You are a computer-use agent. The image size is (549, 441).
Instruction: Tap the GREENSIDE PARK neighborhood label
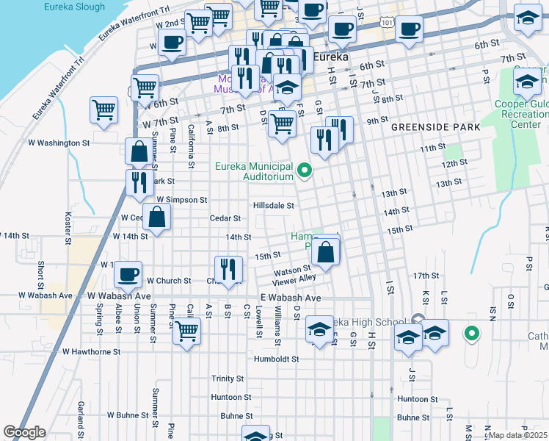point(435,127)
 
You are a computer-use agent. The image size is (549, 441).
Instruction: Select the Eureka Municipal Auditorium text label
point(254,171)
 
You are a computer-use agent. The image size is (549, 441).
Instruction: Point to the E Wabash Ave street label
point(291,298)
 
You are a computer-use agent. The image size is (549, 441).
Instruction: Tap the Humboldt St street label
point(276,359)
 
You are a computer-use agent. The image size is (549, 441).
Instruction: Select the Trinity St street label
point(228,379)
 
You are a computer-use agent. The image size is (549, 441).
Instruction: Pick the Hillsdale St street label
point(274,206)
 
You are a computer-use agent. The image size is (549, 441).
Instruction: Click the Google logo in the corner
point(24,432)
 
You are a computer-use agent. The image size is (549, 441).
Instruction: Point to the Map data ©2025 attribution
point(518,435)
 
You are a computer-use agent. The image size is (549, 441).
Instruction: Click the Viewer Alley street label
point(294,278)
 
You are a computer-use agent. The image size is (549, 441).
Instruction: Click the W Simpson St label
point(181,200)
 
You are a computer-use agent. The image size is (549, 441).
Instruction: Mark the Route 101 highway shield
point(388,24)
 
